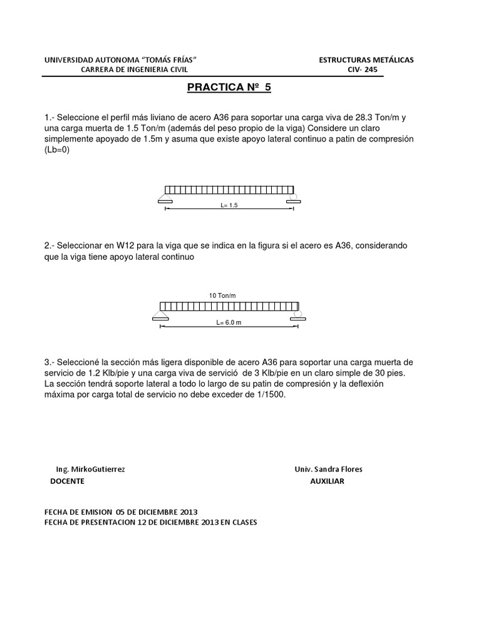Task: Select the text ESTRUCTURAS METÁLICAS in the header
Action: coord(366,59)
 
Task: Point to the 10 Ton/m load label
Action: coord(226,295)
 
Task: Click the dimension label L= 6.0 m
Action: coord(229,323)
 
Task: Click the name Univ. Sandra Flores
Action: coord(328,469)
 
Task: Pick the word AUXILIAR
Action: coord(327,481)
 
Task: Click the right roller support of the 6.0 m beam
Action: coord(297,314)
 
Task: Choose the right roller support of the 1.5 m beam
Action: coord(292,198)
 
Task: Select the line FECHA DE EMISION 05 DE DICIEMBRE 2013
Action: coord(122,511)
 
